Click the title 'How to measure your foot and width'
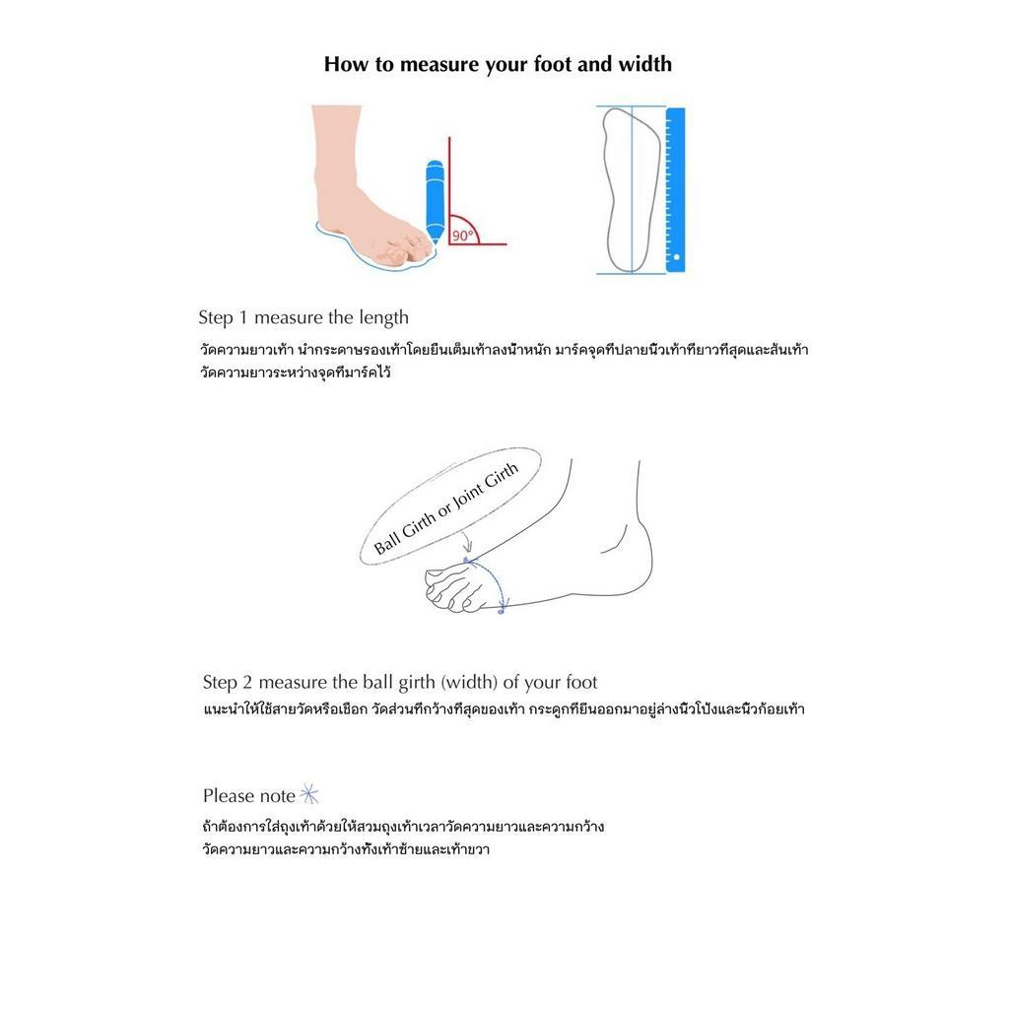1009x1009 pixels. [x=498, y=64]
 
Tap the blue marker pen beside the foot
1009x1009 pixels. [x=435, y=201]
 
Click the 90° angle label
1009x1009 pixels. [x=463, y=235]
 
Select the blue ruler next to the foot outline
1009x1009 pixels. [x=675, y=190]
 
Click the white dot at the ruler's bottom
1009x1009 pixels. [x=676, y=257]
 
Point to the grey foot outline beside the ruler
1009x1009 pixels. [x=632, y=190]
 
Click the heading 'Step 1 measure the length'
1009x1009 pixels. [x=303, y=317]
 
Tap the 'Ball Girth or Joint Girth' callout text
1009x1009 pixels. [x=446, y=508]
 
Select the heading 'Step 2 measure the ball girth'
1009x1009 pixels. [x=400, y=682]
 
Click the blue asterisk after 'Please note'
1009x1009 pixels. [x=309, y=794]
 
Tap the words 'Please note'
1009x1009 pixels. [x=249, y=796]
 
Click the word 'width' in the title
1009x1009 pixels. [x=644, y=64]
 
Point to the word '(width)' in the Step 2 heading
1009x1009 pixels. [x=469, y=682]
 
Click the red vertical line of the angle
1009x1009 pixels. [x=449, y=190]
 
